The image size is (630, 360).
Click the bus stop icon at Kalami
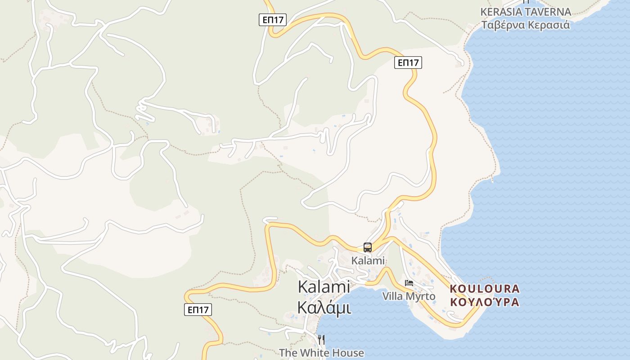pyautogui.click(x=368, y=247)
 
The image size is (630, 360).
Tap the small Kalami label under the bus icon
pyautogui.click(x=368, y=261)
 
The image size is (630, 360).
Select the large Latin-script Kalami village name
pyautogui.click(x=324, y=287)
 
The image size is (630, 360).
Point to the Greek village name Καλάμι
pyautogui.click(x=324, y=307)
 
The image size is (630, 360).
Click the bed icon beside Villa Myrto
pyautogui.click(x=409, y=283)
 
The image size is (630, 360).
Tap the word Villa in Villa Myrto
pyautogui.click(x=392, y=296)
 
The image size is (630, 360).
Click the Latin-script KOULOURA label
pyautogui.click(x=485, y=288)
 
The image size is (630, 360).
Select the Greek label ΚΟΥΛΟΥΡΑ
pyautogui.click(x=485, y=302)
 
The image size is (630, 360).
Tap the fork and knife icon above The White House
pyautogui.click(x=321, y=339)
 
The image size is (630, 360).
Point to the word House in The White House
pyautogui.click(x=347, y=353)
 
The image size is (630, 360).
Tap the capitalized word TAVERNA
pyautogui.click(x=549, y=12)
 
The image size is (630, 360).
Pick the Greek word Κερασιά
pyautogui.click(x=549, y=25)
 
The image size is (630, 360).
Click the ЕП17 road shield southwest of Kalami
pyautogui.click(x=198, y=310)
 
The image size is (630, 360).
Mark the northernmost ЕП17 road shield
pyautogui.click(x=273, y=20)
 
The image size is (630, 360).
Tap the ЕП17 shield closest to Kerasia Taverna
pyautogui.click(x=408, y=63)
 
